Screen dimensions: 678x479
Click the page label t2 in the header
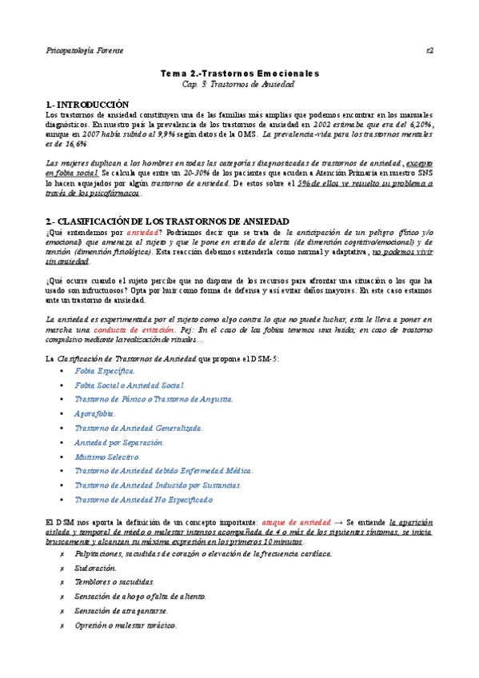pyautogui.click(x=429, y=50)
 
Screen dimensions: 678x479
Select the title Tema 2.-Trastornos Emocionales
pyautogui.click(x=239, y=73)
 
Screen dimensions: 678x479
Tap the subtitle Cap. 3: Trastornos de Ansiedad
pyautogui.click(x=239, y=83)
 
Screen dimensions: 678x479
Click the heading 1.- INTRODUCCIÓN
pyautogui.click(x=87, y=104)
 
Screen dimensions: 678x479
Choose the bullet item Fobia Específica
pyautogui.click(x=105, y=371)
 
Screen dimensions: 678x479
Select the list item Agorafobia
pyautogui.click(x=95, y=413)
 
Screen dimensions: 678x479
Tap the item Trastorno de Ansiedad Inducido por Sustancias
pyautogui.click(x=158, y=485)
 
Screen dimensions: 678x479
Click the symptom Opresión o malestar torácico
pyautogui.click(x=126, y=624)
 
